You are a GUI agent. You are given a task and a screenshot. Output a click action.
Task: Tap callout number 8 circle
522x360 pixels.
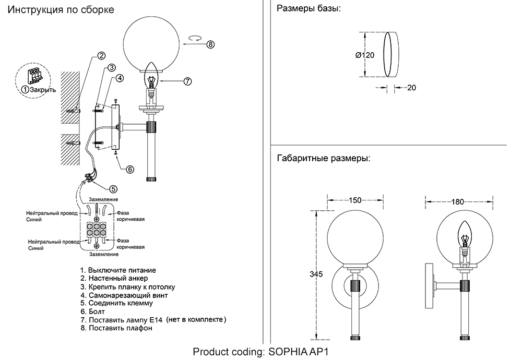coord(210,44)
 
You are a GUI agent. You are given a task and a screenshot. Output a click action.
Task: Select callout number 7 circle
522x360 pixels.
coord(188,81)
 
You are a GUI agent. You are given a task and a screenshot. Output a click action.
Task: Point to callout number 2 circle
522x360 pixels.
coord(101,56)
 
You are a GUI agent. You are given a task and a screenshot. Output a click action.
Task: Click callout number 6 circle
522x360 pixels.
coord(130,169)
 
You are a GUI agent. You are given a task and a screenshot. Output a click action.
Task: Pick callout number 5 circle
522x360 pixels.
coord(113,189)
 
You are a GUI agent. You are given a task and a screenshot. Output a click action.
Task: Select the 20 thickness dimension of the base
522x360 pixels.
coord(411,88)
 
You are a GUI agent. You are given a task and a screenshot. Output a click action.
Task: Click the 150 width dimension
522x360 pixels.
coord(355,200)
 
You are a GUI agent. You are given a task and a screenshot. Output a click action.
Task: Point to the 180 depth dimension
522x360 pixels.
coord(458,200)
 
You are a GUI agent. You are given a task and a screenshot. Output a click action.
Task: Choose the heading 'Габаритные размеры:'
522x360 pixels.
coord(323,158)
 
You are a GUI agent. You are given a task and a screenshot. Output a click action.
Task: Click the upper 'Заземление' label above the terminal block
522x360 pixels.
coord(103,199)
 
